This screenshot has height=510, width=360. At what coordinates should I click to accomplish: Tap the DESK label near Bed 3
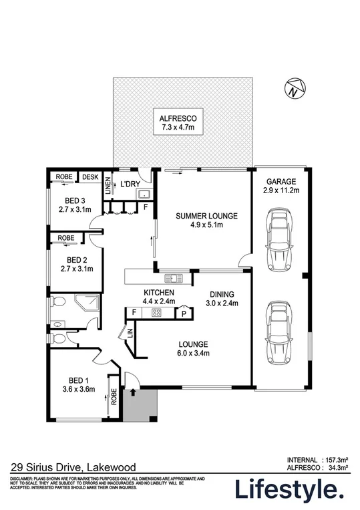tap(89, 177)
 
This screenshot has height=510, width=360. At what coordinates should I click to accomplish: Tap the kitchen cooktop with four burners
tap(157, 312)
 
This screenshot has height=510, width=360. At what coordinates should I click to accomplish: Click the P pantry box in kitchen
tap(182, 313)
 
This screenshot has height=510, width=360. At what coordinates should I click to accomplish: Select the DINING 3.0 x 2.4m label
tap(222, 298)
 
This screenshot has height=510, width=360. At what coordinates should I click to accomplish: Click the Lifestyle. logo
tap(289, 489)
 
